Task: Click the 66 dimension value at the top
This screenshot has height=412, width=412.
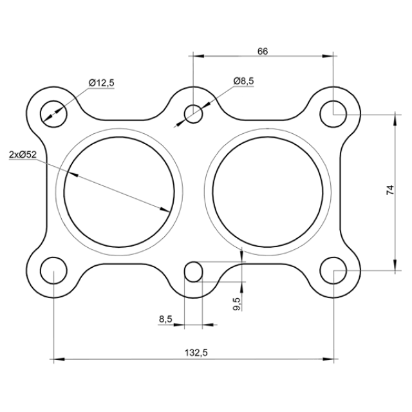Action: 263,51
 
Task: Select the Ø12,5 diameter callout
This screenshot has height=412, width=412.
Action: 102,83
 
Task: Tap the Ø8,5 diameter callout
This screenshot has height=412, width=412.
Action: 243,81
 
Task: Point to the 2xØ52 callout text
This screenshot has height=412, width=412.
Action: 23,154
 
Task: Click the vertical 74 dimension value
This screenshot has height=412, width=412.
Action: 390,190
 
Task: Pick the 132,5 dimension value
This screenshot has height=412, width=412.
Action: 196,352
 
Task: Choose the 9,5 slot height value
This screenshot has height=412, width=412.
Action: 237,304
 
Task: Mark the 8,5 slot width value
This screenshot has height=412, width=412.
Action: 165,319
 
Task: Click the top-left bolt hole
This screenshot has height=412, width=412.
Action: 53,114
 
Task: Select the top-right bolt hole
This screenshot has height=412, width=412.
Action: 333,114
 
